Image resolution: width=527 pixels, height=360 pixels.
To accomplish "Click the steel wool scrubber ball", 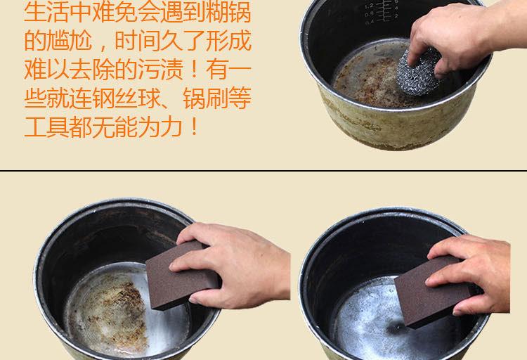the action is tap(419, 71).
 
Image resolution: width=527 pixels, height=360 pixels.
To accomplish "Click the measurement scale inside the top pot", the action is tap(382, 11).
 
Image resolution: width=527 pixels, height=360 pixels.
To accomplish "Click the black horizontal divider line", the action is tap(263, 171).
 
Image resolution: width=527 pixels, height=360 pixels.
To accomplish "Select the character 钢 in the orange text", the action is tap(103, 98).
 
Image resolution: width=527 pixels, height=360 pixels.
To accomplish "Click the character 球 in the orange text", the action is tap(149, 98).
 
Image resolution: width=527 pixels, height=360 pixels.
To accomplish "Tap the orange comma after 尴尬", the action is tap(100, 47).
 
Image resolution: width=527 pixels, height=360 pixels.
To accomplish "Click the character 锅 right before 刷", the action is tap(194, 98).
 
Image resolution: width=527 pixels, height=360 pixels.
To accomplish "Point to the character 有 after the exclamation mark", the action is tap(217, 70).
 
